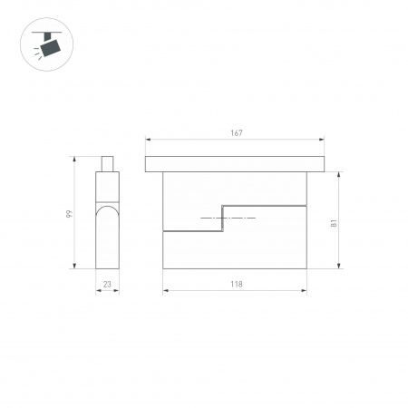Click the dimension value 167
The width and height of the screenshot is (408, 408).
coord(236,133)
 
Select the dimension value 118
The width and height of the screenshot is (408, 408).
coord(236,285)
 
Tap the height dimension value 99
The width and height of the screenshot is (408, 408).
coord(68,214)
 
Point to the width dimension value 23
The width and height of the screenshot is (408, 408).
coord(107,285)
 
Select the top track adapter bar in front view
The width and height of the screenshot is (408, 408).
coord(236,163)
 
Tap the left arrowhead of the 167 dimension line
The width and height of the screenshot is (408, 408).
coord(148,140)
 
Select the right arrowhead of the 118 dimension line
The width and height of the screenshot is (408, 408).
coord(306,291)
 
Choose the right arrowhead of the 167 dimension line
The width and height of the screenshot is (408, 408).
coord(323,140)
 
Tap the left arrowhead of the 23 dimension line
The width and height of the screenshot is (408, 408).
coord(98,291)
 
